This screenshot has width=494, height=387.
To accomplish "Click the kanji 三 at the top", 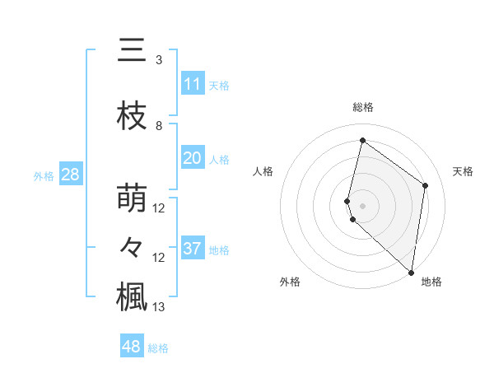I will click(x=132, y=51).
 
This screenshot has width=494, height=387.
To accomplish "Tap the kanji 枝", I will click(x=132, y=116).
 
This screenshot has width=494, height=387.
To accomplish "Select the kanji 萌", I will click(x=132, y=198).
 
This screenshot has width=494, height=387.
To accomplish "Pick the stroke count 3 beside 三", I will click(x=159, y=60).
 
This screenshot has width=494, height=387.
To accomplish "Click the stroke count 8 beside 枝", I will click(x=159, y=125).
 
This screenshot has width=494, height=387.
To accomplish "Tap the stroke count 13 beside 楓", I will click(x=160, y=307).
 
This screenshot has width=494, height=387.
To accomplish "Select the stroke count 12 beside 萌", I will click(x=160, y=207).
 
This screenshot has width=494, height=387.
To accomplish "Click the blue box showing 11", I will click(x=193, y=84).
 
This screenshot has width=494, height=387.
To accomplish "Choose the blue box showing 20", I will click(x=193, y=158).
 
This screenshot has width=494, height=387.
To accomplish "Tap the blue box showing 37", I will click(x=193, y=249).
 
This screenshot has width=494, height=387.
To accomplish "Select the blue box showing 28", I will click(x=70, y=175).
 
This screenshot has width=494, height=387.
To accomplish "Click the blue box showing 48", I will click(x=131, y=347).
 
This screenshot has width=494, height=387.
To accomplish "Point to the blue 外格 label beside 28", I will click(x=43, y=175).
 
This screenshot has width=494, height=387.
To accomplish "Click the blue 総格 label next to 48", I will click(x=158, y=347).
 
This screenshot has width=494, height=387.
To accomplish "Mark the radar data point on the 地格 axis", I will click(x=411, y=273).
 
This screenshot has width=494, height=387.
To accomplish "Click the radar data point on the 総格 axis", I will click(x=362, y=140).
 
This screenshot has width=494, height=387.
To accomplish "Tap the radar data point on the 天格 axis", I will click(x=426, y=185).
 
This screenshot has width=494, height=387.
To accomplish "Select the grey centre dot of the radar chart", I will click(x=362, y=205).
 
